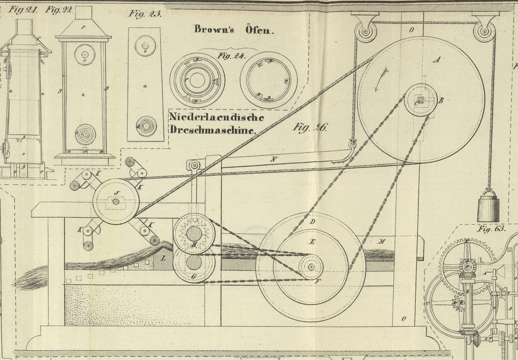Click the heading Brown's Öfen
click(x=234, y=30)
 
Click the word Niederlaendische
click(x=216, y=117)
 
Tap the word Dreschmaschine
click(x=213, y=130)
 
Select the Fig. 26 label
click(x=310, y=127)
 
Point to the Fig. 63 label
click(x=492, y=228)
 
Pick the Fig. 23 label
click(x=145, y=14)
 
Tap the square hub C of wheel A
click(x=420, y=100)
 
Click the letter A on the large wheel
click(x=437, y=59)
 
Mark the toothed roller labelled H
click(x=194, y=234)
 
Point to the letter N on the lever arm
click(x=274, y=160)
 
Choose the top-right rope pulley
click(x=483, y=31)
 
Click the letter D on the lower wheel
click(x=312, y=222)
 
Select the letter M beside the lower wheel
click(x=382, y=241)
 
